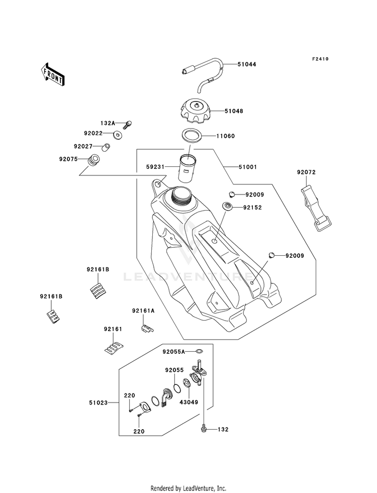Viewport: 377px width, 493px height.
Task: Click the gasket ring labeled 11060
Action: [191, 136]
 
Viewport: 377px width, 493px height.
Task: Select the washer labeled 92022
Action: [119, 134]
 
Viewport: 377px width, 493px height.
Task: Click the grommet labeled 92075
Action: [93, 161]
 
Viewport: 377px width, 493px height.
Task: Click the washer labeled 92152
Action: [227, 206]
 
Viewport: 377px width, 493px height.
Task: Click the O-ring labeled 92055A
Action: [199, 351]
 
